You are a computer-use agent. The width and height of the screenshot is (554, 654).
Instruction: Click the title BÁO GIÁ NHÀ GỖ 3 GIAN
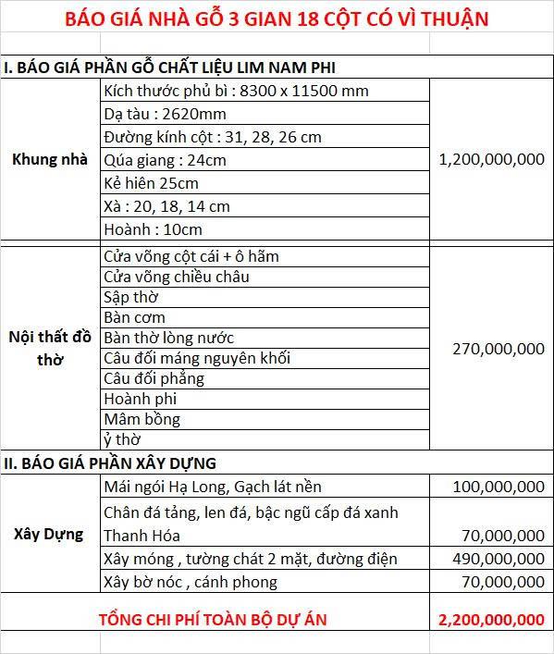click(277, 18)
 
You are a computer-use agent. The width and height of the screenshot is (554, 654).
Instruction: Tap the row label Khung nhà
click(50, 159)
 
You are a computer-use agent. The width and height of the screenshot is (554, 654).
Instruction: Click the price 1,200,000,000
click(491, 159)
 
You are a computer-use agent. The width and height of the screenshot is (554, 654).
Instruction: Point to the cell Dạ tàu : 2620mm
click(165, 114)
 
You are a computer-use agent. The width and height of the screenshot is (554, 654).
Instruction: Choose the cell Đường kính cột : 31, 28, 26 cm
click(213, 137)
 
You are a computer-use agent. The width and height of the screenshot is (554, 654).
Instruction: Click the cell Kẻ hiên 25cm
click(151, 183)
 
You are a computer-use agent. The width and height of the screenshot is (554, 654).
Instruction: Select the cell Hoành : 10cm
click(153, 229)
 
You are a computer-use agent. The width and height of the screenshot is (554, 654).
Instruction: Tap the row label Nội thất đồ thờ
click(50, 349)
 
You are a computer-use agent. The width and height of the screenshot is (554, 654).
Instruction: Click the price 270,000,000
click(498, 349)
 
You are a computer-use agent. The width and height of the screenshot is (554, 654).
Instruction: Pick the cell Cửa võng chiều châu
click(177, 277)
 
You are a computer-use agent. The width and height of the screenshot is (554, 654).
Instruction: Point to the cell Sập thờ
click(130, 297)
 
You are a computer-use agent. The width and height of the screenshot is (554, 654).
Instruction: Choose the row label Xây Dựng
click(50, 534)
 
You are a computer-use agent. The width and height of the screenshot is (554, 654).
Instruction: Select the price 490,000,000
click(498, 559)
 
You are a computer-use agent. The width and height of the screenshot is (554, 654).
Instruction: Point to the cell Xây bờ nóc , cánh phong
click(191, 582)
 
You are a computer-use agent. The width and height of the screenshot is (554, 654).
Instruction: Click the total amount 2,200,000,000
click(491, 619)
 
